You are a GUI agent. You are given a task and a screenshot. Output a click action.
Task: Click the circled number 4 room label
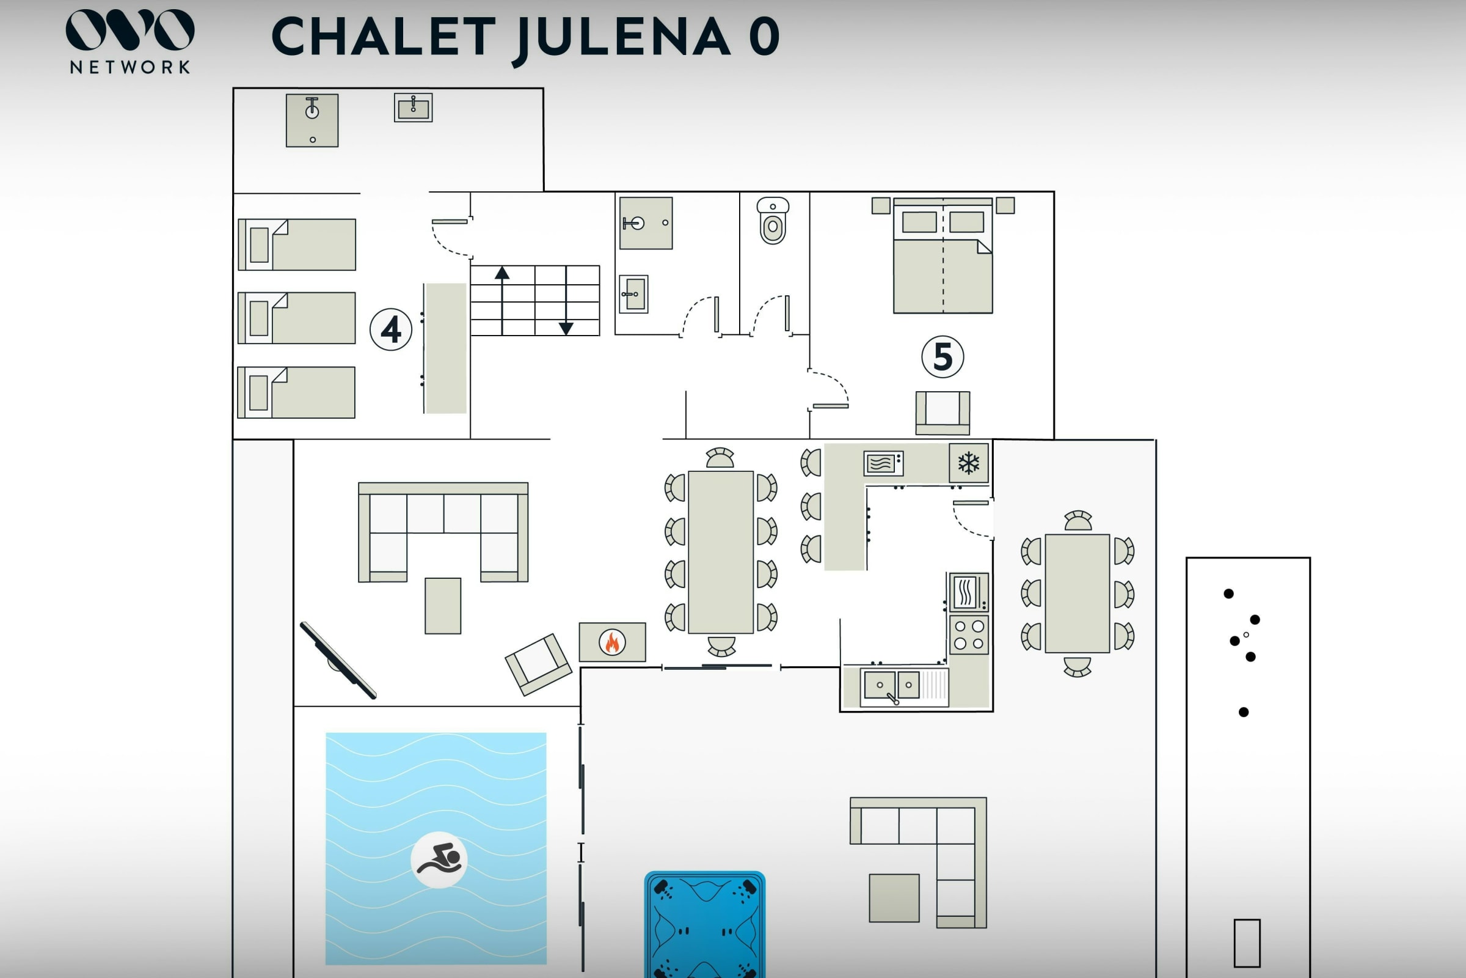click(391, 329)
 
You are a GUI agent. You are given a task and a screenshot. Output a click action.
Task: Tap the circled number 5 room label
click(943, 357)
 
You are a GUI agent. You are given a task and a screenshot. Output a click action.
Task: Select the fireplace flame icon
click(612, 642)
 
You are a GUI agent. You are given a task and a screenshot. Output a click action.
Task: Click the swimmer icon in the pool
click(439, 859)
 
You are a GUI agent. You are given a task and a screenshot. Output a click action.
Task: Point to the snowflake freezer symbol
click(969, 463)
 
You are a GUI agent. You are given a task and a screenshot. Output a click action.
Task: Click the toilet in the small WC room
click(773, 221)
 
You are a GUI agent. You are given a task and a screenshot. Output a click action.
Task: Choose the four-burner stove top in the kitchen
click(969, 634)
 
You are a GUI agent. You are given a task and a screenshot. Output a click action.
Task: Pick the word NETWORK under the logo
click(129, 67)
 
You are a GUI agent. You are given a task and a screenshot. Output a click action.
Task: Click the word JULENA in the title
click(623, 37)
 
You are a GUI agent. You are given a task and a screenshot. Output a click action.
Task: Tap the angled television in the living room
click(338, 660)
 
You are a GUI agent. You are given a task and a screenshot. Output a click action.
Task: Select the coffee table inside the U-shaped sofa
click(442, 606)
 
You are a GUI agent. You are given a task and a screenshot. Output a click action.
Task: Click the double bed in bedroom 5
click(943, 256)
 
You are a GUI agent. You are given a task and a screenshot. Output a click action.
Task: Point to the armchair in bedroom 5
click(943, 412)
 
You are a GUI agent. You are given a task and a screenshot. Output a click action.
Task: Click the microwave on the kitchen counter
click(883, 463)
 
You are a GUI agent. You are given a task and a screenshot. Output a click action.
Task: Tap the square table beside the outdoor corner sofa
click(894, 897)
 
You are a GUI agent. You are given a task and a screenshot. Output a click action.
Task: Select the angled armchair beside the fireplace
click(538, 664)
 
